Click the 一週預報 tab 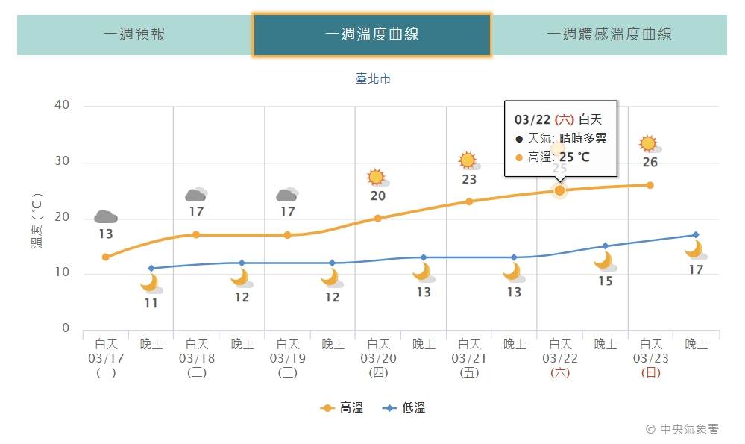(134, 34)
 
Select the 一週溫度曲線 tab (371, 34)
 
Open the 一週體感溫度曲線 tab (609, 34)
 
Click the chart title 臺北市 (373, 78)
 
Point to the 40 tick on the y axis (62, 105)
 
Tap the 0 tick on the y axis (66, 328)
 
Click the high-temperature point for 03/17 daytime (106, 257)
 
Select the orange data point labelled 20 (377, 218)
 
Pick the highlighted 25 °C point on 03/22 (559, 190)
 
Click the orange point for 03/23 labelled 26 (650, 185)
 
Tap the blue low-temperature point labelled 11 (151, 268)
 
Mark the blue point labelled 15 (605, 246)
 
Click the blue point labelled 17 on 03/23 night (695, 235)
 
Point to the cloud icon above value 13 (105, 216)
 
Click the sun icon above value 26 (649, 143)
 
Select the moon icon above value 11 (151, 284)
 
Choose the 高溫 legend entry (342, 407)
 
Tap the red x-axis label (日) (650, 372)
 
